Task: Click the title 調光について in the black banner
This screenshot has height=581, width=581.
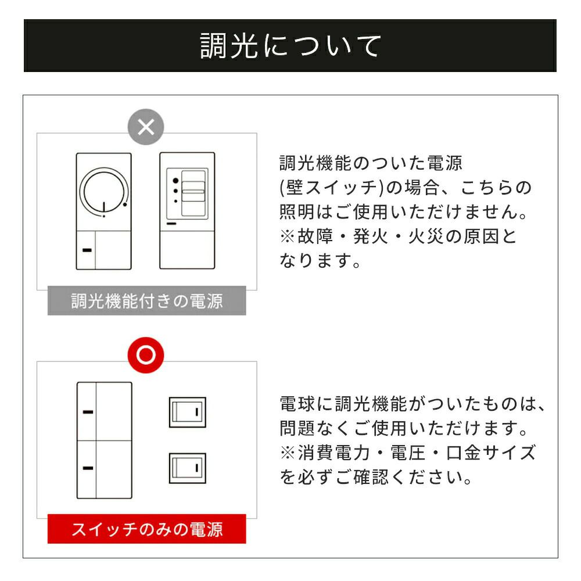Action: click(290, 45)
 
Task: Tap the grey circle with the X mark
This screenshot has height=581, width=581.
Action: click(146, 127)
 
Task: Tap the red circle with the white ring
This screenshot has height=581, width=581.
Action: click(146, 355)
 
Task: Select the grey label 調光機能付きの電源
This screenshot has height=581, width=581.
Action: click(147, 300)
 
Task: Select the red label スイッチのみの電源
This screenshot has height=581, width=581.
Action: click(147, 529)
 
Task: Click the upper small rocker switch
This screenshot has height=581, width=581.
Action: click(188, 412)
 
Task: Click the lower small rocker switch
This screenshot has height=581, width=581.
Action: click(188, 468)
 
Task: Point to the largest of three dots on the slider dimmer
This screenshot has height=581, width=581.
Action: click(175, 181)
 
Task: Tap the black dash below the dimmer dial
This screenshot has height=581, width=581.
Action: click(87, 250)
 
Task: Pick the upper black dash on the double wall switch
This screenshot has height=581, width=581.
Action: click(88, 412)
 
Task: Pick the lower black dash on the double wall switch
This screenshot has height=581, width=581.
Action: click(88, 468)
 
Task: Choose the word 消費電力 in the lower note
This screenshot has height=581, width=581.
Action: click(334, 453)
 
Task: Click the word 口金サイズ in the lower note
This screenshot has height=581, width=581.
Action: click(491, 453)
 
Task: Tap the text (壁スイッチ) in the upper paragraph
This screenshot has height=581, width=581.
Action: click(332, 188)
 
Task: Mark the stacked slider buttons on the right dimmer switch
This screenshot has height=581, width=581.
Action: click(193, 193)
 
